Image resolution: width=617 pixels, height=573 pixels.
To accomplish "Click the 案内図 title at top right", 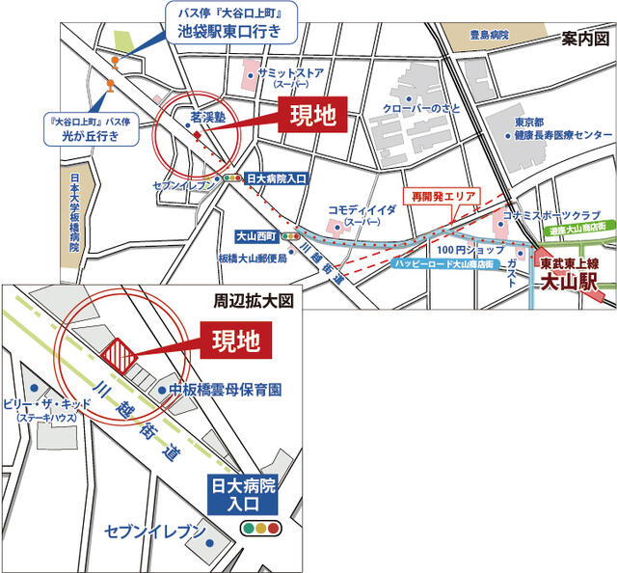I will click(x=585, y=38).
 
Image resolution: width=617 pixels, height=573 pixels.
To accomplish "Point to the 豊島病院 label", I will click(x=489, y=36).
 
